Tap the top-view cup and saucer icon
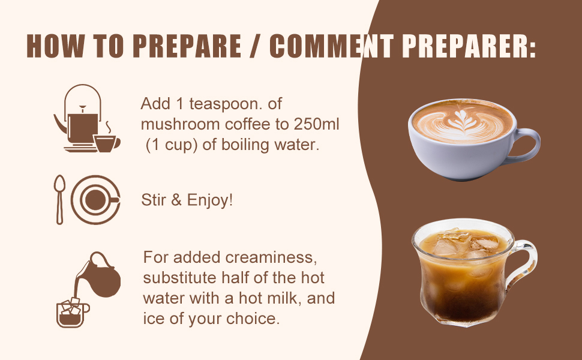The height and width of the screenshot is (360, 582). [95, 199]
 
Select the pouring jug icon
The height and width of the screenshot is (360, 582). [100, 276]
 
